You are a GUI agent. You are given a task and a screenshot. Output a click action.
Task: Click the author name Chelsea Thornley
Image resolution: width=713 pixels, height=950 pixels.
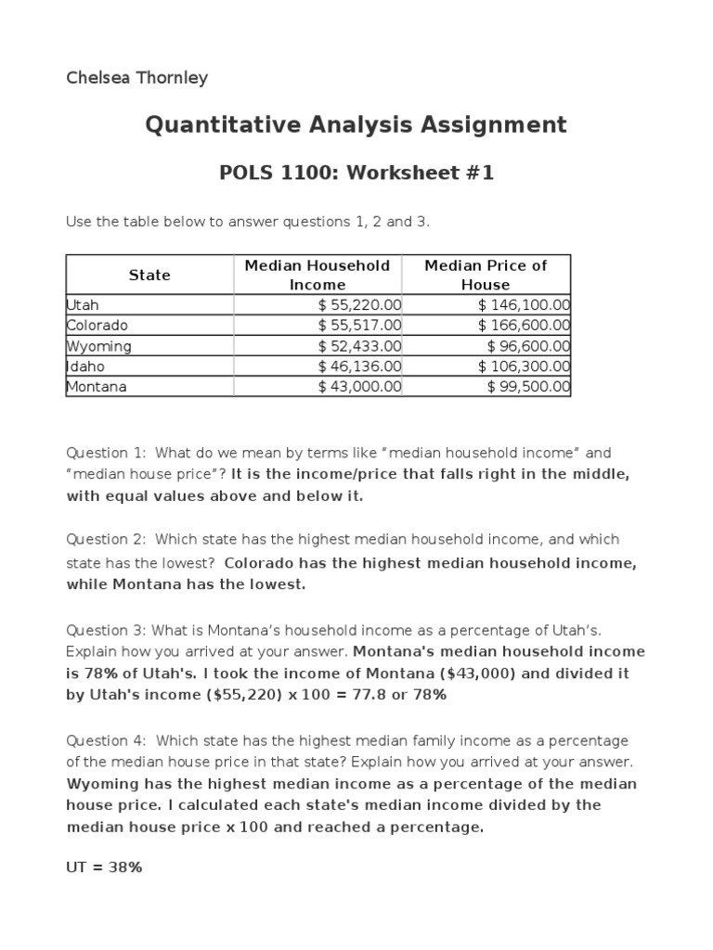coord(136,78)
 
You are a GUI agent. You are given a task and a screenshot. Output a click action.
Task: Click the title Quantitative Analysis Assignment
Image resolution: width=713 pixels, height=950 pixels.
coord(356,124)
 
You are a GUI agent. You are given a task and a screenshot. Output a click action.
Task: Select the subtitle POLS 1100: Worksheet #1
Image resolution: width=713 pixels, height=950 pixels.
coord(356,173)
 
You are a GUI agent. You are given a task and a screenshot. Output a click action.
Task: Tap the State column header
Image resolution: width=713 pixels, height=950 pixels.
coord(149,275)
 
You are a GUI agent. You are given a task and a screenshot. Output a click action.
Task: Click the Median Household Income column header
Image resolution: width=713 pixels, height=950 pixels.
coord(317,275)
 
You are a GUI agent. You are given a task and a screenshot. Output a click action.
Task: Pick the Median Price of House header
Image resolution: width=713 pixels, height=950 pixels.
coord(486,275)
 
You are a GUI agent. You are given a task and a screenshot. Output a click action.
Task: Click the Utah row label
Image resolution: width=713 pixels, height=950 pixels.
coord(83,304)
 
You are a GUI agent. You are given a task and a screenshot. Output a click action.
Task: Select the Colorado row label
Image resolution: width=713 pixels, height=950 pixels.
coord(97,326)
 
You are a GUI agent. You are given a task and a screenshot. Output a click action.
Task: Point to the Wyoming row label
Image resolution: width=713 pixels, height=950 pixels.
coord(98,346)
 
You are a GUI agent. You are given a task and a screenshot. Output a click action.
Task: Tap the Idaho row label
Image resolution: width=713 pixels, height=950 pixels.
coord(85,366)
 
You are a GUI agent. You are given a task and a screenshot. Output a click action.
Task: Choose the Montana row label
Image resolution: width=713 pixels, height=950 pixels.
coord(97,387)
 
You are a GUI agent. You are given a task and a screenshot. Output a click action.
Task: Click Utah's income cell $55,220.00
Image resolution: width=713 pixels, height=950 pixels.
coord(359,304)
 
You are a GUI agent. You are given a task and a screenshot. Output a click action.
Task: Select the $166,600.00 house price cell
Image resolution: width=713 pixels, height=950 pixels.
coord(524,326)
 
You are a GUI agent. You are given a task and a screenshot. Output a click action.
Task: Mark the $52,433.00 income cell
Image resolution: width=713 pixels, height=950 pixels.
coord(359,346)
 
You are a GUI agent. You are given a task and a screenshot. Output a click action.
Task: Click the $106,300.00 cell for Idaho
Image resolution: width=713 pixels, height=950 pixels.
coord(524,366)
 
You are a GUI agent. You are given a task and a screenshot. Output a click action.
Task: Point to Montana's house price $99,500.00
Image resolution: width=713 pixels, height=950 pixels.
coord(527,387)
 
